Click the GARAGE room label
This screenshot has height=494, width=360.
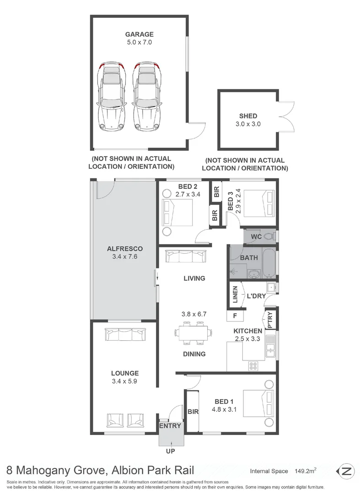(140, 34)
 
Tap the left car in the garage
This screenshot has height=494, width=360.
(112, 97)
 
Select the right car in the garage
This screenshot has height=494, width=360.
(148, 97)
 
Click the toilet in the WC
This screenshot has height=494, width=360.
(270, 236)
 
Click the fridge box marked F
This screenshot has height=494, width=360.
(235, 316)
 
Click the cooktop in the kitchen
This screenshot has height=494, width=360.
(253, 365)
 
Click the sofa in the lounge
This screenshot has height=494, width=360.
(125, 334)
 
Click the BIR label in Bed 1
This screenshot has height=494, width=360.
(193, 411)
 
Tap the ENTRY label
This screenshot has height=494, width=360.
(170, 426)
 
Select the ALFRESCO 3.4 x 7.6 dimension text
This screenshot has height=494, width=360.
(124, 257)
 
